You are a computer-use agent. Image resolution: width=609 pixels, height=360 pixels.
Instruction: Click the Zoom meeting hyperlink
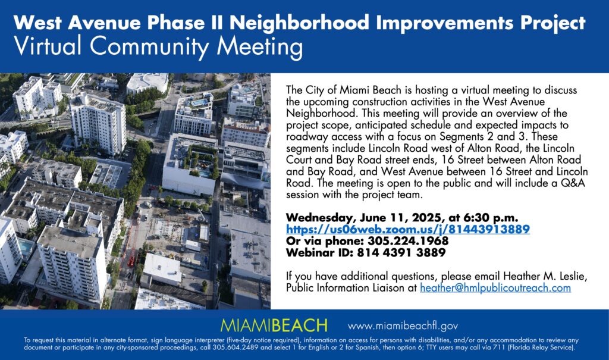(x=408, y=229)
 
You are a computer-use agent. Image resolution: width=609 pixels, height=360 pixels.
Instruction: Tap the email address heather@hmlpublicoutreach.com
(x=495, y=288)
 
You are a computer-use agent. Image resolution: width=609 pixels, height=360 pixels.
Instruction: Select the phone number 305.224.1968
(x=408, y=241)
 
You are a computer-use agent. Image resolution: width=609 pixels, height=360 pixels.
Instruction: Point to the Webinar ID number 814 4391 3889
(x=401, y=253)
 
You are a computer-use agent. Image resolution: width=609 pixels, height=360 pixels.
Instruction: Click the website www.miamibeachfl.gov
(x=403, y=326)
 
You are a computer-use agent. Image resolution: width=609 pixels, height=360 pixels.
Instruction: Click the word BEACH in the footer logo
(x=300, y=325)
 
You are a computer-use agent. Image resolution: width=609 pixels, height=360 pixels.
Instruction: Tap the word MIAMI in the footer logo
(x=246, y=325)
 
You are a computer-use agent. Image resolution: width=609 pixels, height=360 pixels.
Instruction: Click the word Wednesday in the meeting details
(x=321, y=217)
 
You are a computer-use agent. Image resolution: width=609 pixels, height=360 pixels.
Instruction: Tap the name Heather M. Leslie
(x=545, y=277)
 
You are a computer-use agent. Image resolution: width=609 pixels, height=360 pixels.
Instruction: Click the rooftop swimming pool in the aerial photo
(x=200, y=102)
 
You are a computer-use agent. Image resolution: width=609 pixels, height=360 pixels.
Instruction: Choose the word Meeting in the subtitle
(x=259, y=46)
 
